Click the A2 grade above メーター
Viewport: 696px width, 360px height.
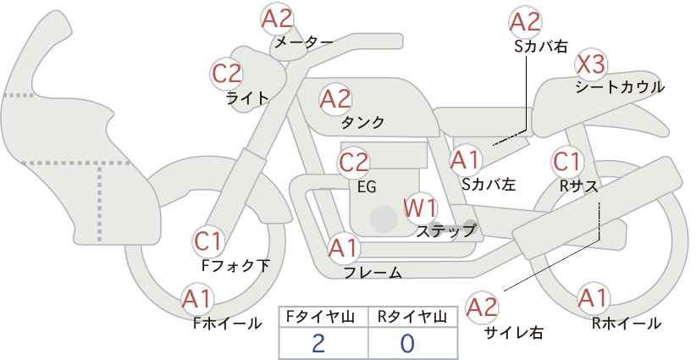pyautogui.click(x=277, y=19)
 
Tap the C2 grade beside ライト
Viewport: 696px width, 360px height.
pyautogui.click(x=227, y=74)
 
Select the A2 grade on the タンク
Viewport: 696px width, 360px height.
pyautogui.click(x=335, y=99)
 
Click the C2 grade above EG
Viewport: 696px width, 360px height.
pyautogui.click(x=354, y=163)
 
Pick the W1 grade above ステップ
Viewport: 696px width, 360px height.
pyautogui.click(x=420, y=208)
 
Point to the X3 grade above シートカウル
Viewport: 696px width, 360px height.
pyautogui.click(x=590, y=65)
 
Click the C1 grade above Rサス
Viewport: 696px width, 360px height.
pyautogui.click(x=566, y=163)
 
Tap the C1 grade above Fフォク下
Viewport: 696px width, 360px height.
pyautogui.click(x=208, y=242)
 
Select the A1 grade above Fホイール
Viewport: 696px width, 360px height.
pyautogui.click(x=197, y=300)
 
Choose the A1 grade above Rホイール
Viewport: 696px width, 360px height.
pyautogui.click(x=593, y=298)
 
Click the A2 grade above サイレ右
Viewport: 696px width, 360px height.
pyautogui.click(x=482, y=307)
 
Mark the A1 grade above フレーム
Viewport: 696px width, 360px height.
pyautogui.click(x=343, y=248)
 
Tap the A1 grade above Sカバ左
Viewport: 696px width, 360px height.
pyautogui.click(x=465, y=160)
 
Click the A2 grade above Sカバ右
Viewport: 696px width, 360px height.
pyautogui.click(x=525, y=22)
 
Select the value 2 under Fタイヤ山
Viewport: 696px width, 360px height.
pyautogui.click(x=318, y=343)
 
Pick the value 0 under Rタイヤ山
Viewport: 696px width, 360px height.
pyautogui.click(x=407, y=343)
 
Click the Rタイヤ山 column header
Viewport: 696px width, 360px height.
pyautogui.click(x=412, y=317)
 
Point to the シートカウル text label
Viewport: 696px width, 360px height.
pyautogui.click(x=620, y=87)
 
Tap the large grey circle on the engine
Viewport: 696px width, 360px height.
pyautogui.click(x=384, y=219)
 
